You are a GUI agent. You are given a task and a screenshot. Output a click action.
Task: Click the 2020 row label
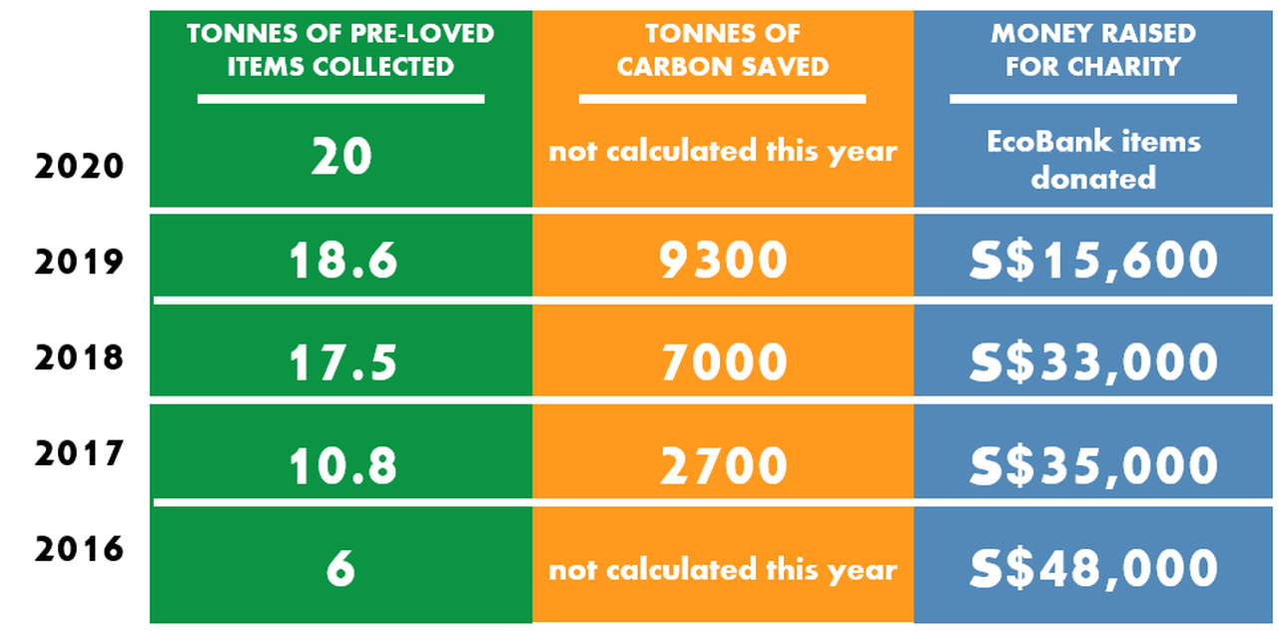click(x=79, y=165)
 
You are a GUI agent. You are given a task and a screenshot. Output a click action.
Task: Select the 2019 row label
click(x=79, y=262)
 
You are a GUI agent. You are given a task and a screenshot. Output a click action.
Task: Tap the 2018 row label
click(x=79, y=356)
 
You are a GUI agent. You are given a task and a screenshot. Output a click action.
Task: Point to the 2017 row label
click(x=79, y=453)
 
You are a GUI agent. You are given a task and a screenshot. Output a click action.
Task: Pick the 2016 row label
click(x=79, y=549)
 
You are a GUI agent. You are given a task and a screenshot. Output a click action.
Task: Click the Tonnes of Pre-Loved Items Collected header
click(x=340, y=50)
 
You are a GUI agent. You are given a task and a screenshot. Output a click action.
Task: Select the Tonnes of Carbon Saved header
click(x=722, y=50)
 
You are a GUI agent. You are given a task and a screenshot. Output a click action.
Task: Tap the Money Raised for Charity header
click(x=1092, y=50)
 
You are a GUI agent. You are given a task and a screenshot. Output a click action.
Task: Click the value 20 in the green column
click(x=340, y=157)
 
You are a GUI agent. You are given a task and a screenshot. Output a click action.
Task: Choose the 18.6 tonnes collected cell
click(x=342, y=261)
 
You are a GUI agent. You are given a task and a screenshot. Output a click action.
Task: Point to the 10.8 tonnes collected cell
click(x=342, y=465)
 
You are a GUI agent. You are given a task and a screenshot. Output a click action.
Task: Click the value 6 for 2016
click(x=340, y=569)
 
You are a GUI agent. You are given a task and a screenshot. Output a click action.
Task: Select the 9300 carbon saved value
click(x=723, y=261)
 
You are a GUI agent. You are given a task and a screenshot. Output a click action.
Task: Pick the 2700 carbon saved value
click(x=723, y=465)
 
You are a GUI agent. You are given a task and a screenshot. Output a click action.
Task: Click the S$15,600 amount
click(x=1093, y=261)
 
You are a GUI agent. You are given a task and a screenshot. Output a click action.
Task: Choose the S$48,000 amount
click(x=1093, y=569)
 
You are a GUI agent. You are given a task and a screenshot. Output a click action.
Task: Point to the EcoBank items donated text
click(x=1093, y=160)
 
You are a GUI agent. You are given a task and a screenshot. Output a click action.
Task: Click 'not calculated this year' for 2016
click(x=723, y=570)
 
